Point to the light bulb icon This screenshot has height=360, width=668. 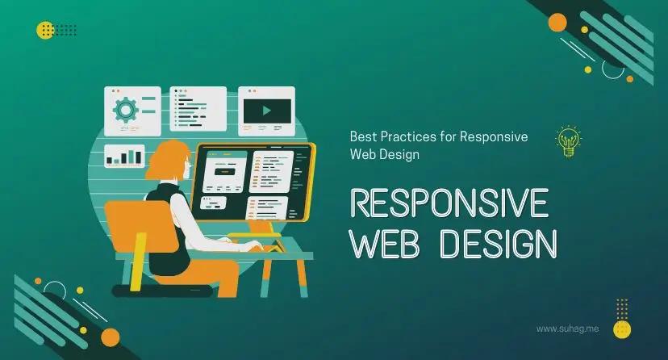pyautogui.click(x=569, y=140)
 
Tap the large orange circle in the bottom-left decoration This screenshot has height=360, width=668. pyautogui.click(x=111, y=337)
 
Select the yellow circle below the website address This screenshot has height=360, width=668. pyautogui.click(x=621, y=329)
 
